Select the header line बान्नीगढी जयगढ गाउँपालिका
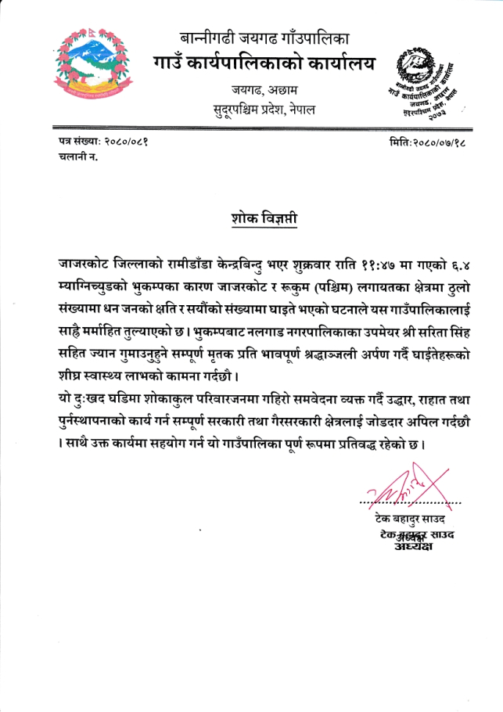(x=264, y=38)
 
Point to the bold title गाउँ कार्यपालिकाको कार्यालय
(x=264, y=62)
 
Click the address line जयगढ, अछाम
(x=264, y=88)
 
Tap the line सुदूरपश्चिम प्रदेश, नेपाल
(x=264, y=109)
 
